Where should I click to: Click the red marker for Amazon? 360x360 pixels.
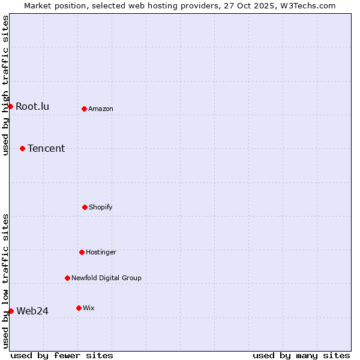tap(85, 109)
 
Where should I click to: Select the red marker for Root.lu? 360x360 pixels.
tap(10, 106)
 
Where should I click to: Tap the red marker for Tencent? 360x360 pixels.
tap(23, 148)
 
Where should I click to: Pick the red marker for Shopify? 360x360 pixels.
tap(85, 207)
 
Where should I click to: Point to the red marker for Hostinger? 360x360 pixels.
tap(82, 252)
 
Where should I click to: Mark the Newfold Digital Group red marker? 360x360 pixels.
tap(67, 278)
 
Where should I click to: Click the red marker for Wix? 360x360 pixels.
tap(79, 308)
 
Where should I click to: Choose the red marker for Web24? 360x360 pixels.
tap(11, 311)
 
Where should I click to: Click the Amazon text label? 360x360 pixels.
tap(101, 109)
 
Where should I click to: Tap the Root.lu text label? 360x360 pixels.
tap(32, 107)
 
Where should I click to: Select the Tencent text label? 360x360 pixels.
tap(46, 149)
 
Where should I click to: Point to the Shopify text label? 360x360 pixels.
tap(101, 207)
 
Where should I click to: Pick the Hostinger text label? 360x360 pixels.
tap(101, 252)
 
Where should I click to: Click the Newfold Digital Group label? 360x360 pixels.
tap(106, 278)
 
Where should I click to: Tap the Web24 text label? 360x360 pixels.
tap(32, 311)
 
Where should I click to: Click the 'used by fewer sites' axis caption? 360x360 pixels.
tap(62, 355)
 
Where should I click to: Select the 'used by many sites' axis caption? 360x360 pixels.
tap(301, 355)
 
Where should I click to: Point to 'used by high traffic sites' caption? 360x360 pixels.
tap(5, 85)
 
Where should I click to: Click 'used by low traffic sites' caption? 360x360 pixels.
tap(5, 281)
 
